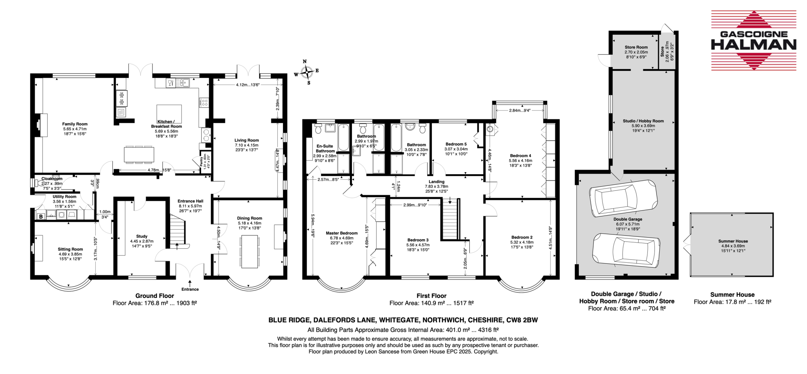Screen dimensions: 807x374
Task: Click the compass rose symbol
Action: click(x=306, y=72)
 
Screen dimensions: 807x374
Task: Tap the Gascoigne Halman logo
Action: click(x=753, y=41)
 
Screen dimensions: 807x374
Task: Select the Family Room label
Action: click(x=75, y=124)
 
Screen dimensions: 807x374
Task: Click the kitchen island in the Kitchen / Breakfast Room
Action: click(x=169, y=114)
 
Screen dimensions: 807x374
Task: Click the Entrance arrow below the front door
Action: click(x=190, y=283)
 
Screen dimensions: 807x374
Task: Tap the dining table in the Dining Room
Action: click(x=250, y=251)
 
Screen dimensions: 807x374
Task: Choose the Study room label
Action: click(x=142, y=236)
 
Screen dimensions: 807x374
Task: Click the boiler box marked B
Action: click(x=41, y=216)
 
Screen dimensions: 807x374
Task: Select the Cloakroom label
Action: click(x=52, y=179)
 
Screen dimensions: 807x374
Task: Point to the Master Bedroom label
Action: click(x=342, y=233)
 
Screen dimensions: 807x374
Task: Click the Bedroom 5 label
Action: click(x=456, y=144)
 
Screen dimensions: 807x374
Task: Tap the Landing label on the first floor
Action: click(x=437, y=182)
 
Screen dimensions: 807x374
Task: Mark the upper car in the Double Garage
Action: click(x=623, y=198)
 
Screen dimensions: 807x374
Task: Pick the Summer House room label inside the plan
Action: click(x=733, y=241)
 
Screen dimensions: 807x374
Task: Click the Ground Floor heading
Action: click(x=154, y=296)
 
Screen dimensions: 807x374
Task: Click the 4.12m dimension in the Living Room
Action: click(x=242, y=85)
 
